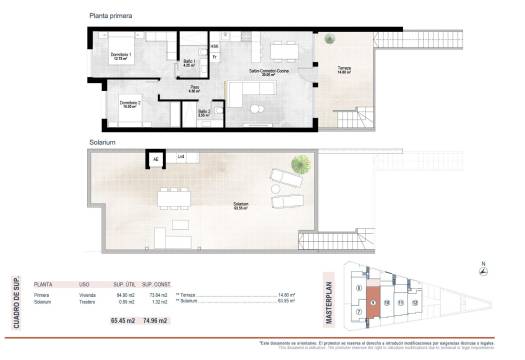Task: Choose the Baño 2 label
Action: pos(203,112)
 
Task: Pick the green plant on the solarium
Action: pos(297,164)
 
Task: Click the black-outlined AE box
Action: pos(156,158)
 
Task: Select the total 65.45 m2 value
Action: pos(124,320)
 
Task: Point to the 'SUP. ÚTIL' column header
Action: pos(124,284)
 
